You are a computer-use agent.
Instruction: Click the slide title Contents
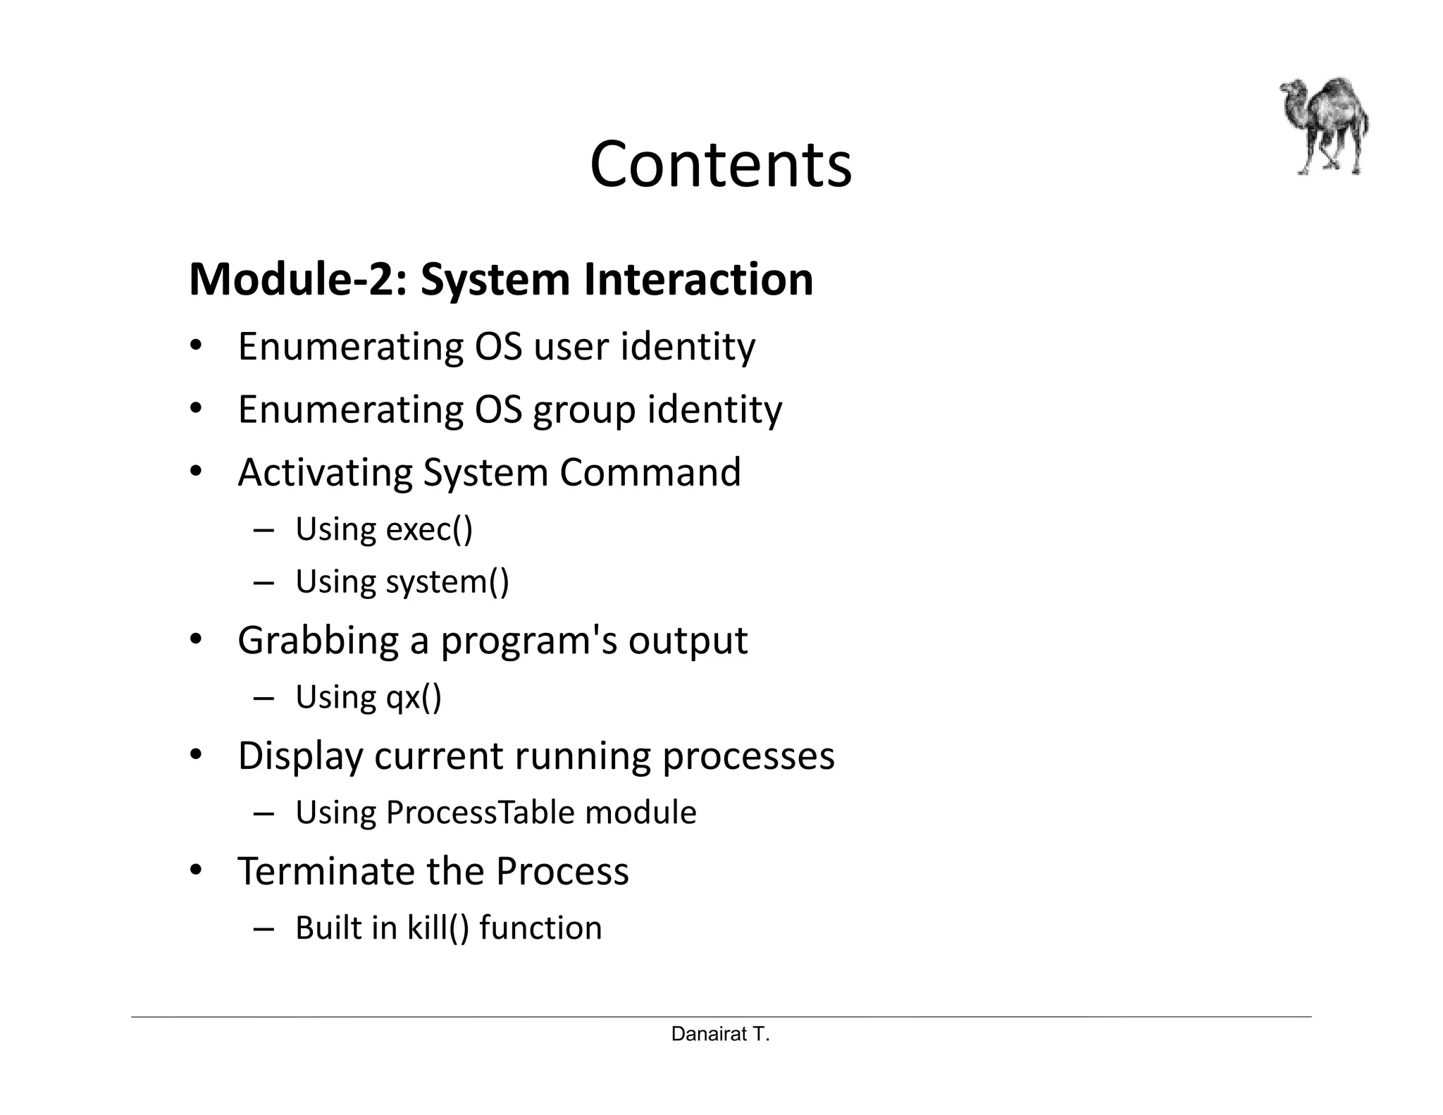[721, 164]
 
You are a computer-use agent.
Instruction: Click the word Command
[650, 472]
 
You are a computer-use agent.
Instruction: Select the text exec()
[429, 529]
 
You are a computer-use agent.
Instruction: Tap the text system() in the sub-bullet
[447, 582]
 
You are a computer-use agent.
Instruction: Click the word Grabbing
[318, 641]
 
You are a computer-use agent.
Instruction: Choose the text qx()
[414, 697]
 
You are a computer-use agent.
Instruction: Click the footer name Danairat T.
[720, 1034]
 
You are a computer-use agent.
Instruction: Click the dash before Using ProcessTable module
[264, 814]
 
